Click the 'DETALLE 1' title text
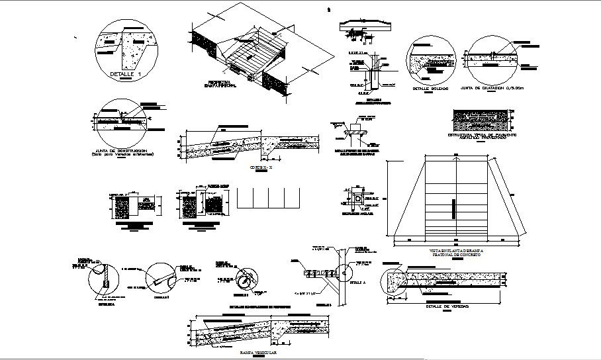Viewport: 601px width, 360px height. [x=126, y=75]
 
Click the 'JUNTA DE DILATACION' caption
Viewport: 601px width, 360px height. [x=496, y=88]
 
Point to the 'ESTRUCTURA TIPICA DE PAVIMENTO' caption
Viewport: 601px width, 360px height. [x=481, y=136]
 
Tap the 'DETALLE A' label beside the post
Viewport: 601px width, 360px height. [x=357, y=282]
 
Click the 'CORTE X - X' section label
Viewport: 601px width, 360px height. [x=259, y=167]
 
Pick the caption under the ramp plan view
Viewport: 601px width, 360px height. [x=455, y=253]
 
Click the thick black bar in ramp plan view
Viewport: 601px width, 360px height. [x=454, y=209]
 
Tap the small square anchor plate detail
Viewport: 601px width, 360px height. [x=358, y=199]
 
